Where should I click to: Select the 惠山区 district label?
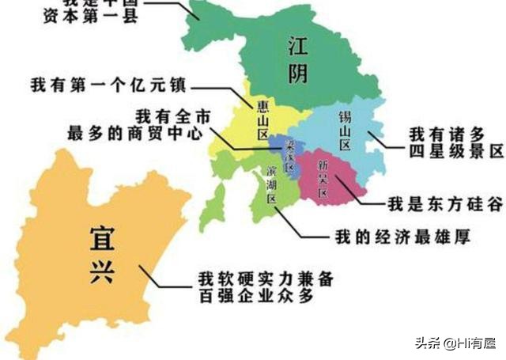[262, 119]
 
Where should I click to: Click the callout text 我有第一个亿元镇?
[108, 84]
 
